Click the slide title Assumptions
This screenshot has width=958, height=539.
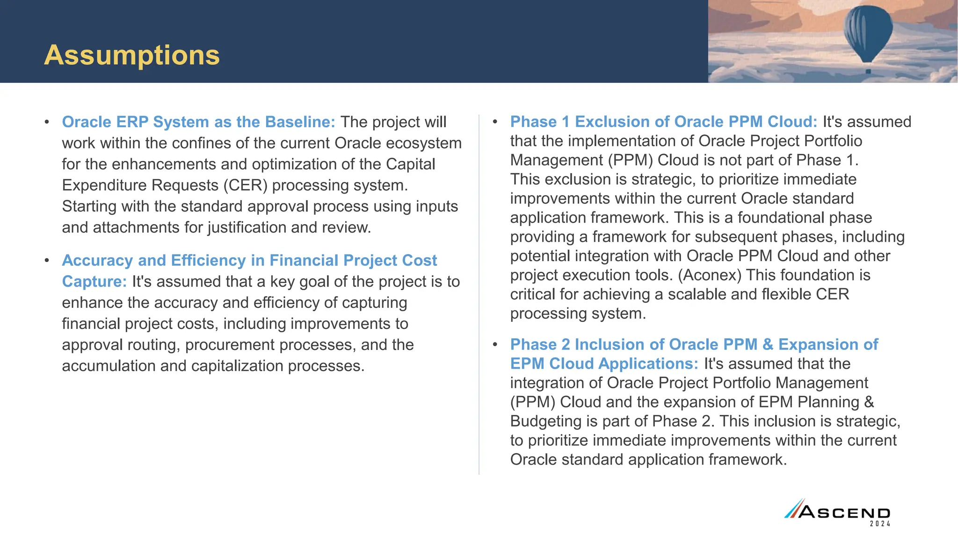pyautogui.click(x=131, y=55)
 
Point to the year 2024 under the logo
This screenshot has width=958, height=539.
pyautogui.click(x=880, y=524)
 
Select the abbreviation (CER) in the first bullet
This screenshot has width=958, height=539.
pyautogui.click(x=245, y=185)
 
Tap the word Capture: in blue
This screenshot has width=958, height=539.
pyautogui.click(x=94, y=282)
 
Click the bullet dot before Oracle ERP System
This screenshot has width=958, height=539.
pyautogui.click(x=47, y=123)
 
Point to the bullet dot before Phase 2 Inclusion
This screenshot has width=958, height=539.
pyautogui.click(x=495, y=345)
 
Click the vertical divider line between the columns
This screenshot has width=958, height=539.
pyautogui.click(x=479, y=295)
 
